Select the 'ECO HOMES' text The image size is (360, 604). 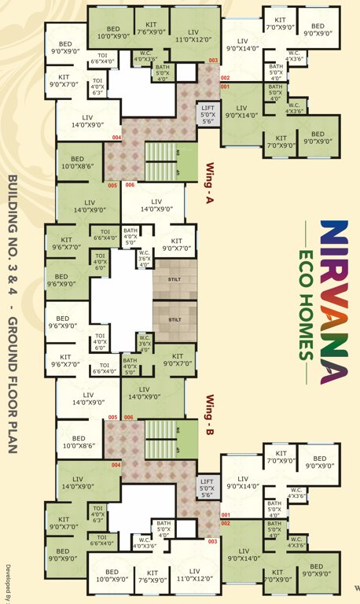(303, 302)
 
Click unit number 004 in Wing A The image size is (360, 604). (117, 138)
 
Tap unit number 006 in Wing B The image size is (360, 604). (129, 417)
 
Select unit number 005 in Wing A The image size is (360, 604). (112, 186)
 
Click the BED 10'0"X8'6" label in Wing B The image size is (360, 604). (78, 442)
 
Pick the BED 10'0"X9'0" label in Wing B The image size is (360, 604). (112, 576)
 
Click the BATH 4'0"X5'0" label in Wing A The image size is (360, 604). (130, 235)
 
